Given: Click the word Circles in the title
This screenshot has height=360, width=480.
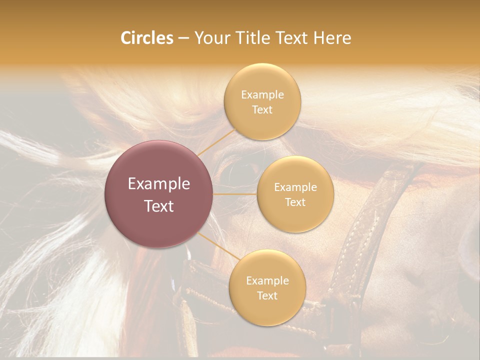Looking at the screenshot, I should point(146,38).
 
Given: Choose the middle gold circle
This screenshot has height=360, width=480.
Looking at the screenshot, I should point(295,194).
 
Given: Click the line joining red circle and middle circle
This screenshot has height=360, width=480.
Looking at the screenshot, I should point(235,194).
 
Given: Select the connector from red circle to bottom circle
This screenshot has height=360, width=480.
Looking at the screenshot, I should point(218,245).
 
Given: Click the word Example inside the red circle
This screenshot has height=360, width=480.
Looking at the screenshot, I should point(159,184).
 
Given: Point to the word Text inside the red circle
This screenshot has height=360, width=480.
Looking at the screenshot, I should point(159,206).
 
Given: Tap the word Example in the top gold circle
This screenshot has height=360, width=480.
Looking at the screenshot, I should point(262,94).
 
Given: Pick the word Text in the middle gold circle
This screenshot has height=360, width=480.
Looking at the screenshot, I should point(295,202).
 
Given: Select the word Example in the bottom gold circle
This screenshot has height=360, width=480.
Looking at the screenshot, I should point(267,280).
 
